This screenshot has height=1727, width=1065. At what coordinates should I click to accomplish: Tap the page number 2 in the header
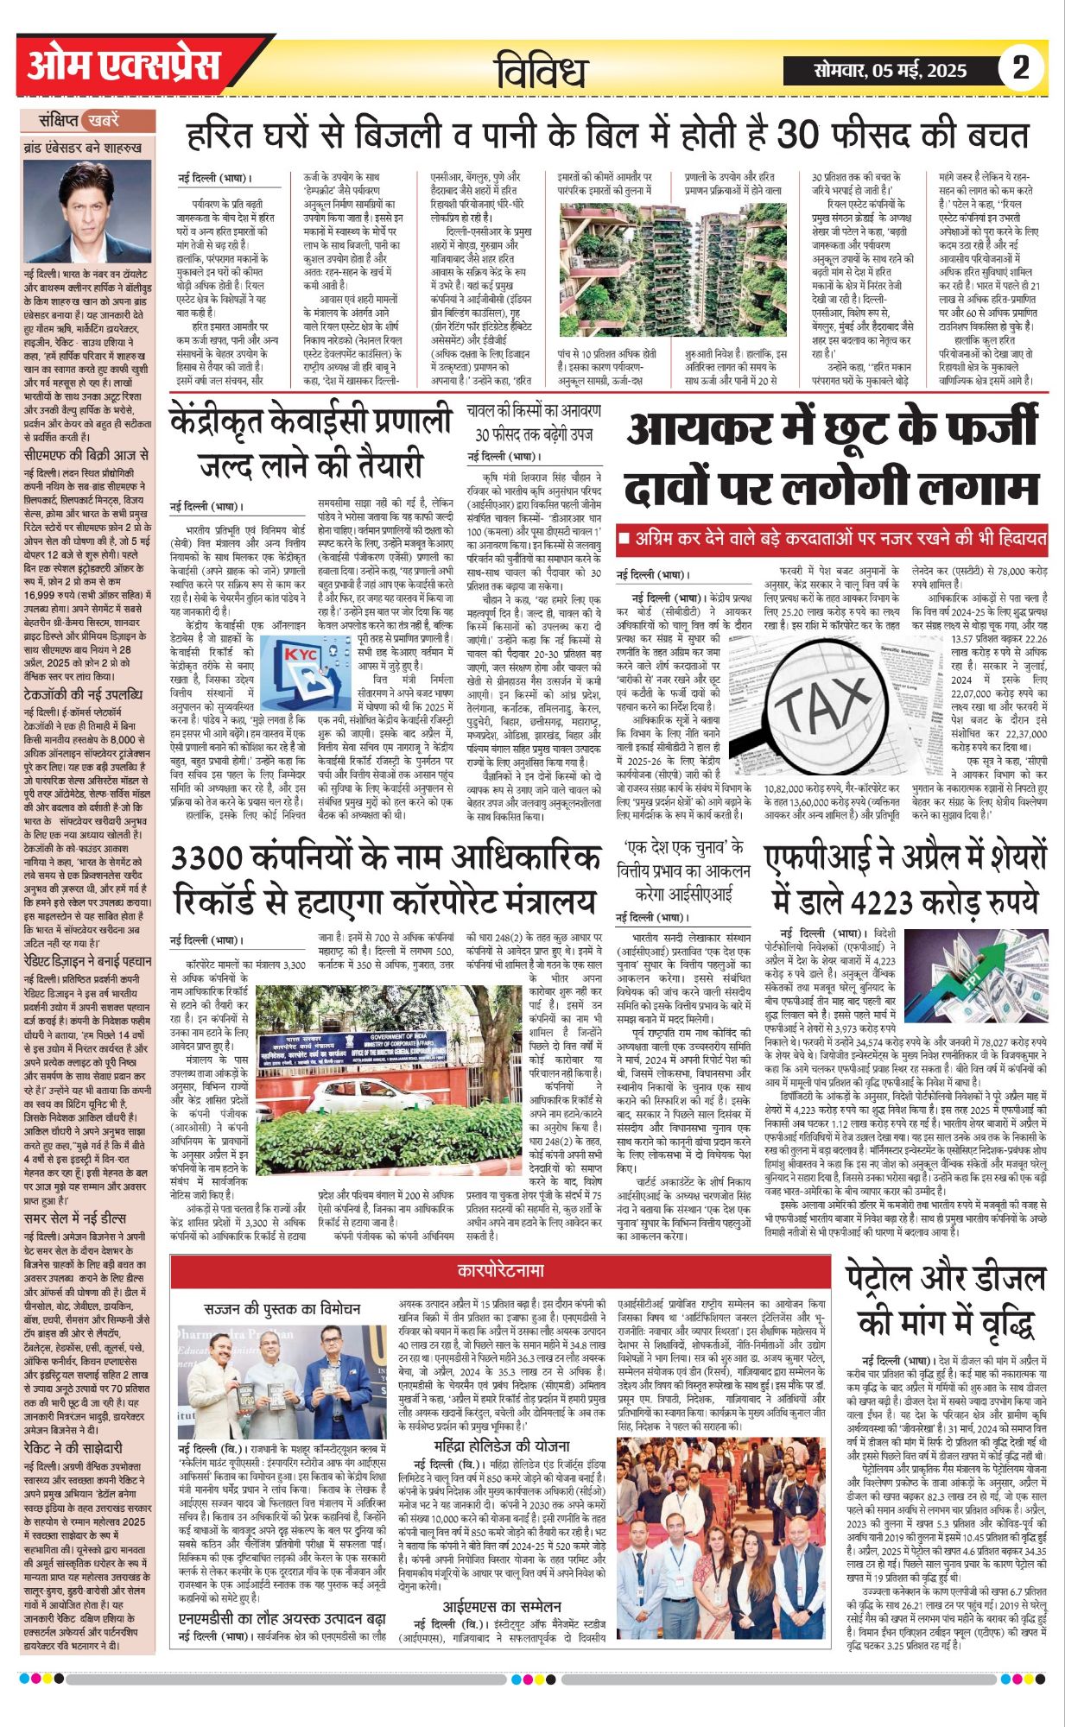(x=1021, y=68)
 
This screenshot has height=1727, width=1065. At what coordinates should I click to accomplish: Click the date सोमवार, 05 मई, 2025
(x=890, y=70)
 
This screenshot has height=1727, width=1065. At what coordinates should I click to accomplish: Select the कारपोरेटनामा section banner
(x=501, y=1271)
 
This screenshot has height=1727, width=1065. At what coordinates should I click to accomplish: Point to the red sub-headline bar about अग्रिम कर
(x=833, y=540)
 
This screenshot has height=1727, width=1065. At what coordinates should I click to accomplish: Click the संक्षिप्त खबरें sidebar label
(x=87, y=120)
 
